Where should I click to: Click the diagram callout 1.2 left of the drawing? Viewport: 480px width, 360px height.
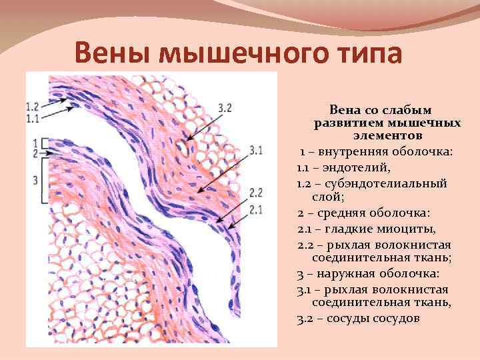coord(33,106)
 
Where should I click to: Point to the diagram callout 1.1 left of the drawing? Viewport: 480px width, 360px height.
coord(33,117)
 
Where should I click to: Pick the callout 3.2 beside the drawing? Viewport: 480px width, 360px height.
coord(225,107)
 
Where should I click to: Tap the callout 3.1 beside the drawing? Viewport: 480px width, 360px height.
coord(256,151)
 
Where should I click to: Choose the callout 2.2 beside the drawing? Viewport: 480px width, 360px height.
coord(256,193)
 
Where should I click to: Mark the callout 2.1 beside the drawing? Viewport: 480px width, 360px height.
coord(256,209)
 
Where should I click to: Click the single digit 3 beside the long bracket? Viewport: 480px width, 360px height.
coord(35,181)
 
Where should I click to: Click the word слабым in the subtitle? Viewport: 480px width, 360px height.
coord(409,109)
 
